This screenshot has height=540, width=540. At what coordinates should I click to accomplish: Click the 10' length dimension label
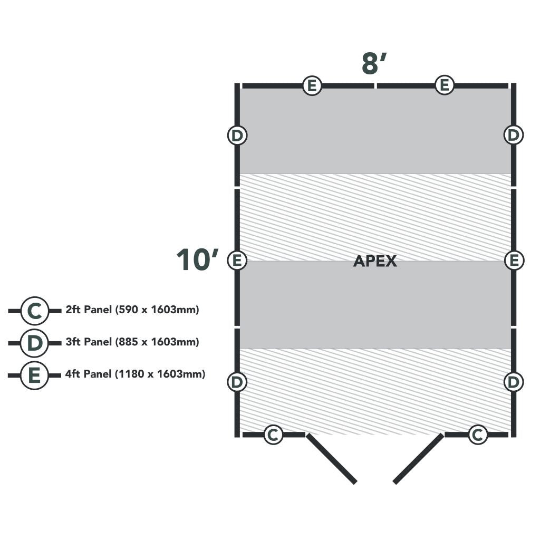point(197,260)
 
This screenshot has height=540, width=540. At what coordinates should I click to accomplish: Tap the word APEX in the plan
point(375,261)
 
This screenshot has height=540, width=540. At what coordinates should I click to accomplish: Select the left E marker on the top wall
point(312,85)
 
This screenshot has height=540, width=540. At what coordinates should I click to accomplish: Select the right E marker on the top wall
point(445,85)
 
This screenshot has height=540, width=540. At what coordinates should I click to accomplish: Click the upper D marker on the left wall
point(237,136)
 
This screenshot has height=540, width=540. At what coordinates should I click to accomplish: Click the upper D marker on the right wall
point(513,136)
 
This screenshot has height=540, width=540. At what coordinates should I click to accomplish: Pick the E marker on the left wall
point(237,260)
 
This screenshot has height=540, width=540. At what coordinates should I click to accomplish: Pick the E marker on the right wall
point(514,260)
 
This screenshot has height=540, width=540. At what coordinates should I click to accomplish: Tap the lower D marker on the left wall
point(237,382)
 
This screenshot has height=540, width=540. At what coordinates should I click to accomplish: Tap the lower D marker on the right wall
point(514,382)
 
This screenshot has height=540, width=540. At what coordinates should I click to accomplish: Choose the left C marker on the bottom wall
point(273,435)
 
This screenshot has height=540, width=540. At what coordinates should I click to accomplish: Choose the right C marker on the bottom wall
point(478,435)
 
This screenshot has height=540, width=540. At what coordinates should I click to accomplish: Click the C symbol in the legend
point(34,311)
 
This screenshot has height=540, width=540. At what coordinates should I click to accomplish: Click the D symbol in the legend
point(34,343)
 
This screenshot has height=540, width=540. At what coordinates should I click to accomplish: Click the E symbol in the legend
point(34,375)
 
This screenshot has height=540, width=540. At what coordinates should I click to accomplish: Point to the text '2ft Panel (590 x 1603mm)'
point(132,310)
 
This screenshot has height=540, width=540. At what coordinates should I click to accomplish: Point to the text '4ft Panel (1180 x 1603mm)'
point(136,374)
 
